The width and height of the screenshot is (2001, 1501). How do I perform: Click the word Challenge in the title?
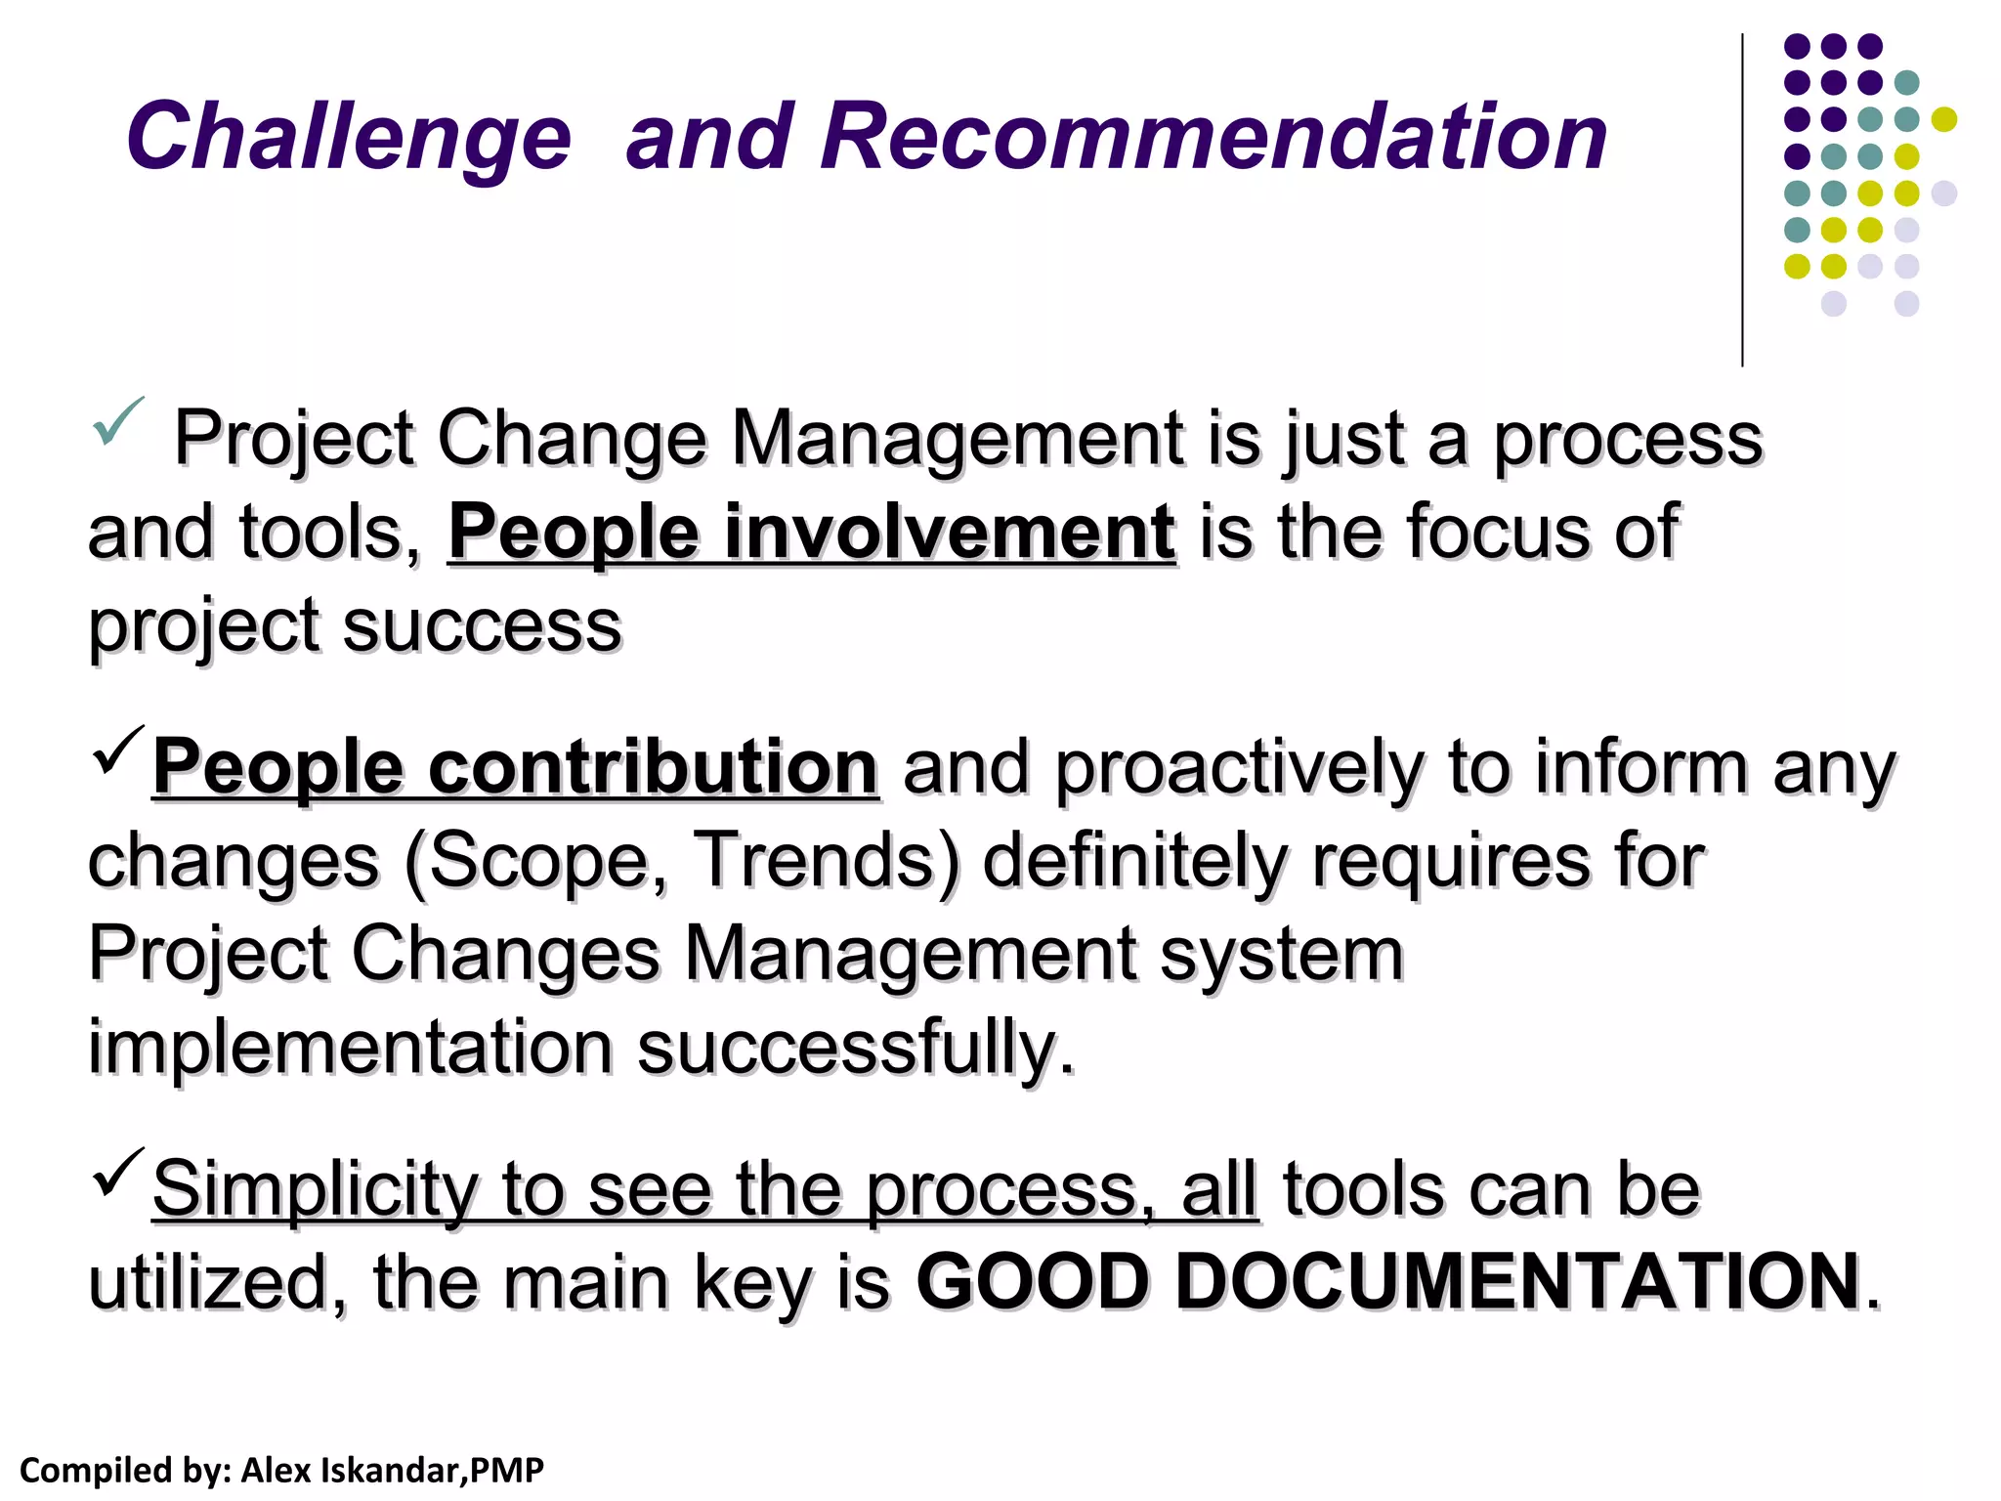point(348,138)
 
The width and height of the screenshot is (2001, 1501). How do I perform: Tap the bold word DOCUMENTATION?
point(1516,1281)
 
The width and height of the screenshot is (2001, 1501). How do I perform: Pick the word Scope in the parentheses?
point(534,861)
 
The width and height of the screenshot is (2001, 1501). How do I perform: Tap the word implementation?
point(350,1047)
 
